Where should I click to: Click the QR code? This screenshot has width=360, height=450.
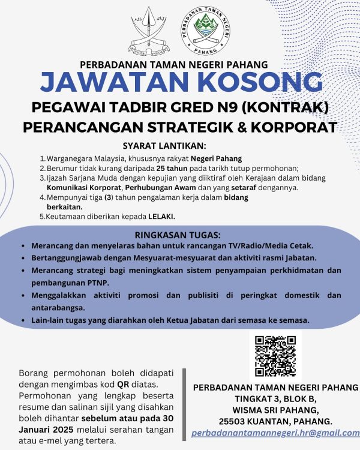(x=275, y=356)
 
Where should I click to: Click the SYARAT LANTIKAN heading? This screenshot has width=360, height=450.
(x=164, y=146)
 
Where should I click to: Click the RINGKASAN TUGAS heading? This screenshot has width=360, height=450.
(x=178, y=234)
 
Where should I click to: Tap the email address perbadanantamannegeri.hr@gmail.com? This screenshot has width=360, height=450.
(x=275, y=432)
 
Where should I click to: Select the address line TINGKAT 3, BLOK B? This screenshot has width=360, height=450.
(x=276, y=398)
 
